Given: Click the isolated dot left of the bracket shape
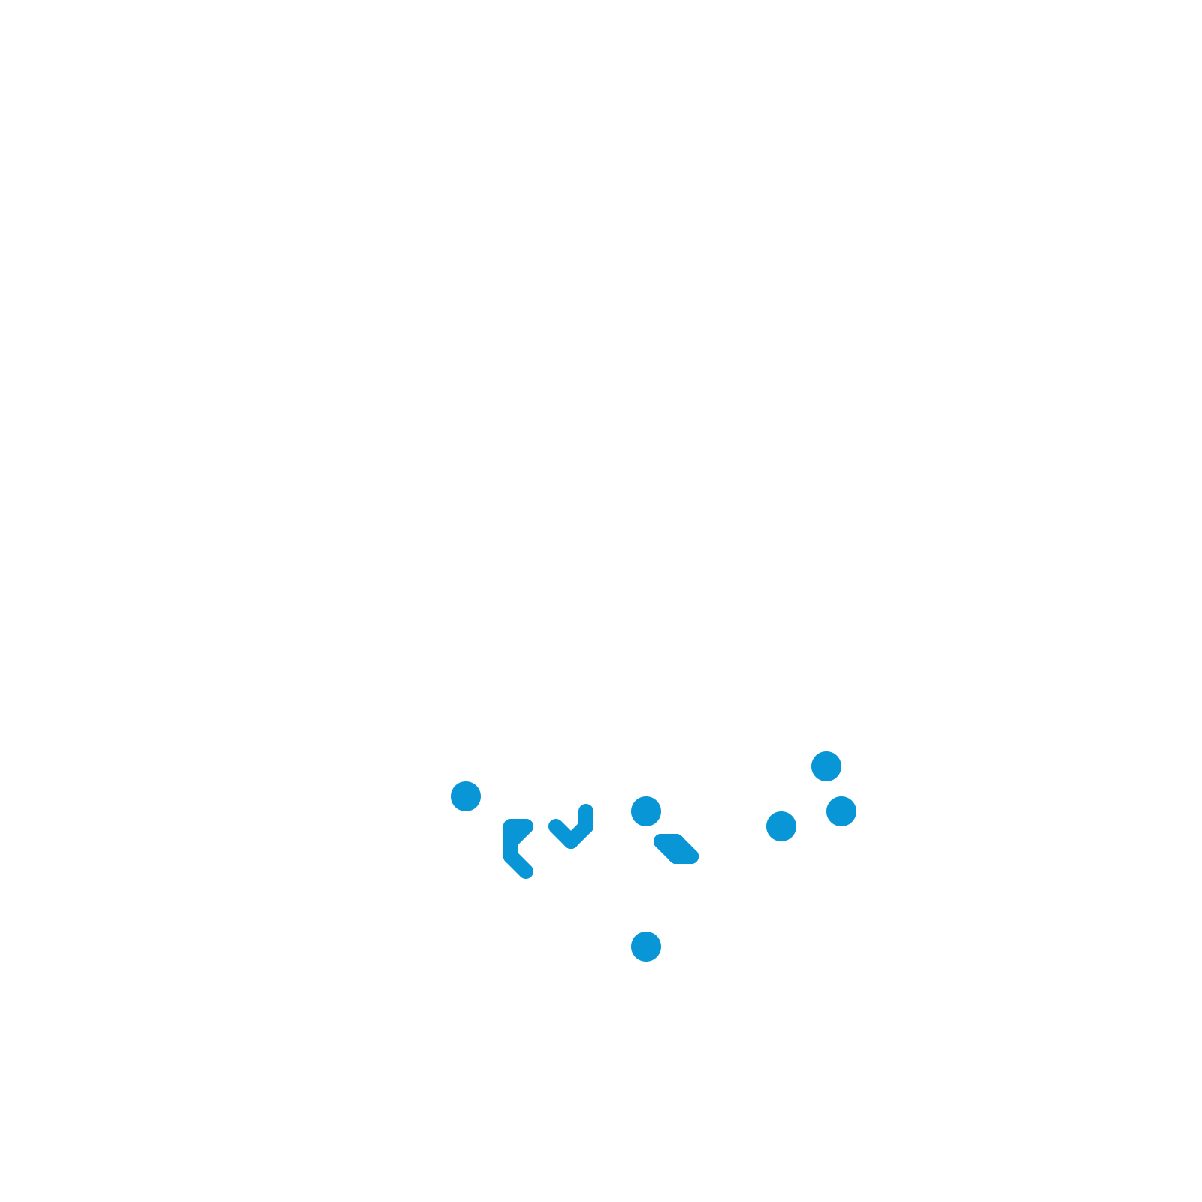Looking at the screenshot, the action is (x=466, y=796).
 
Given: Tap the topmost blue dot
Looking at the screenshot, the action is (x=826, y=766).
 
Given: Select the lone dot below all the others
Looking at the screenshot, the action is (x=646, y=947).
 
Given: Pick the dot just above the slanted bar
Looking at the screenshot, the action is (x=646, y=811).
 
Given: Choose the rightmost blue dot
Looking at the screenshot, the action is (x=841, y=811).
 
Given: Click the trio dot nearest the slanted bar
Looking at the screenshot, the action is (x=781, y=826).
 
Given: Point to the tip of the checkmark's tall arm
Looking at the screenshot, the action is (x=586, y=810).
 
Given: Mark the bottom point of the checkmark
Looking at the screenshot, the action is (x=571, y=843).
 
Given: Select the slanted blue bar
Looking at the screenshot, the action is (x=676, y=849).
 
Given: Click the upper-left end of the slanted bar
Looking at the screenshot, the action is (x=660, y=841).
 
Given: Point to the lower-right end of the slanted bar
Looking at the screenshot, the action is (x=692, y=857).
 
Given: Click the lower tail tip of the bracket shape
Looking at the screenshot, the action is (x=527, y=871).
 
